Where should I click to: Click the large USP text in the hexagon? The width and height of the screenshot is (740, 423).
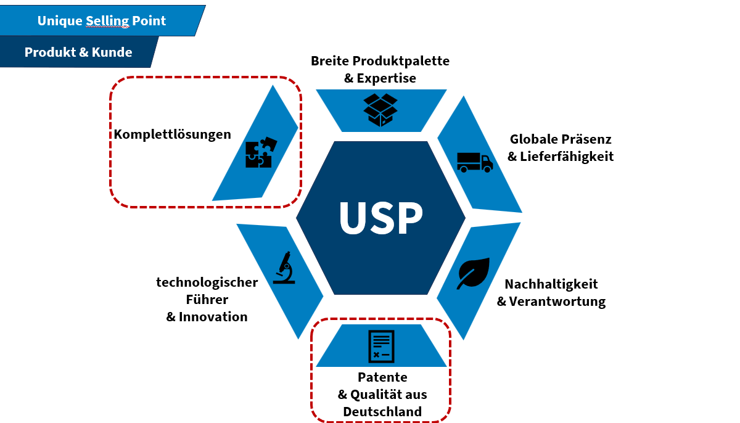pyautogui.click(x=380, y=218)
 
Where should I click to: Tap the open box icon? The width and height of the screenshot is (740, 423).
pyautogui.click(x=380, y=110)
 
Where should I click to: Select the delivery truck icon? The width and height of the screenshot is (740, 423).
pyautogui.click(x=474, y=162)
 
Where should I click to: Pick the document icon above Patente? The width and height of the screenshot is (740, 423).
pyautogui.click(x=380, y=347)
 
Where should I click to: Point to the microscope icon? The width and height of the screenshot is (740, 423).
pyautogui.click(x=284, y=268)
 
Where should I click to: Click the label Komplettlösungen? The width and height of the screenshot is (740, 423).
pyautogui.click(x=173, y=134)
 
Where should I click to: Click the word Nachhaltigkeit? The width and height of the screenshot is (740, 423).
pyautogui.click(x=551, y=284)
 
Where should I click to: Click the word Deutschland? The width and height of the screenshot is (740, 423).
pyautogui.click(x=382, y=412)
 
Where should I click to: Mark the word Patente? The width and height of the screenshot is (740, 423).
pyautogui.click(x=382, y=377)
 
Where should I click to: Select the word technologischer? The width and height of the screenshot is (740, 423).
pyautogui.click(x=207, y=282)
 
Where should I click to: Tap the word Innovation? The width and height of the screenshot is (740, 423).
pyautogui.click(x=213, y=317)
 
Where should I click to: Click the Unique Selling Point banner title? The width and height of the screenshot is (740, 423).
pyautogui.click(x=102, y=20)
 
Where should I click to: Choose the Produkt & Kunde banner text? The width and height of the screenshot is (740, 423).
pyautogui.click(x=78, y=52)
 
